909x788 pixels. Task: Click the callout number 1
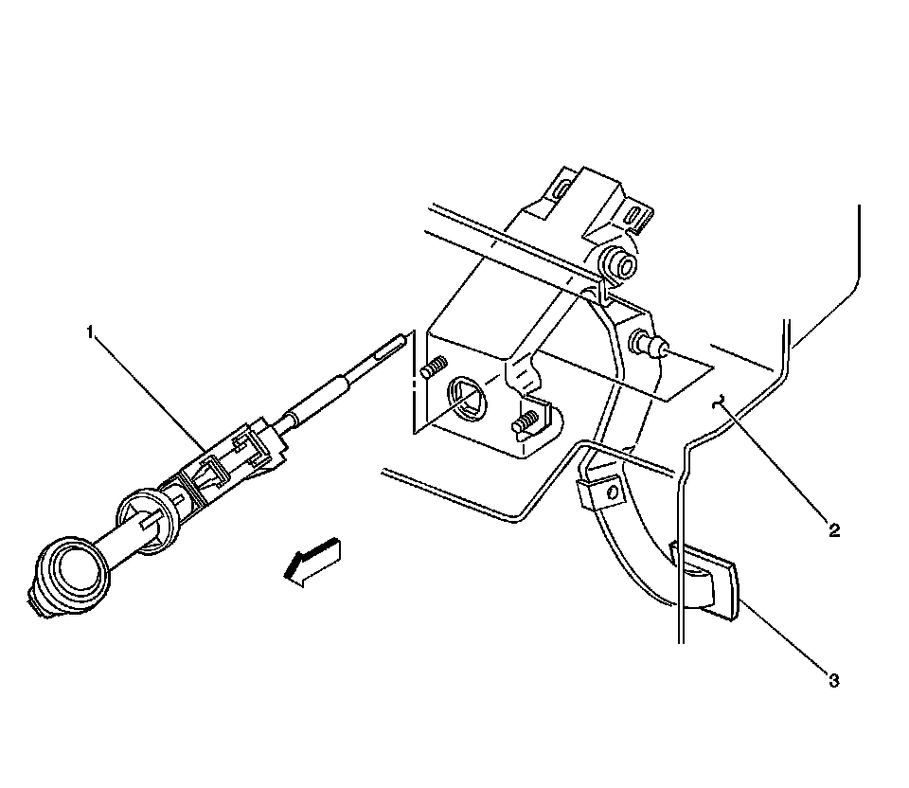pyautogui.click(x=91, y=331)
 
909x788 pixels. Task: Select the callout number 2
pyautogui.click(x=834, y=531)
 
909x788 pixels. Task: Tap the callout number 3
pyautogui.click(x=834, y=680)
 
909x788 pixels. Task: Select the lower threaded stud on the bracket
pyautogui.click(x=528, y=420)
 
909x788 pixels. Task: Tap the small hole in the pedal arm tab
pyautogui.click(x=611, y=492)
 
